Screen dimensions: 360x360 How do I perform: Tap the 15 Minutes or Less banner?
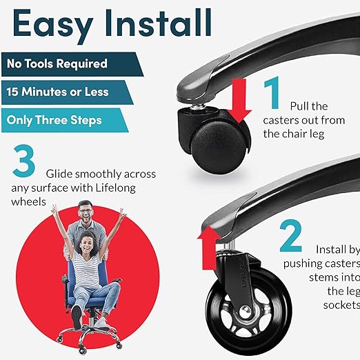[x=58, y=92]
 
